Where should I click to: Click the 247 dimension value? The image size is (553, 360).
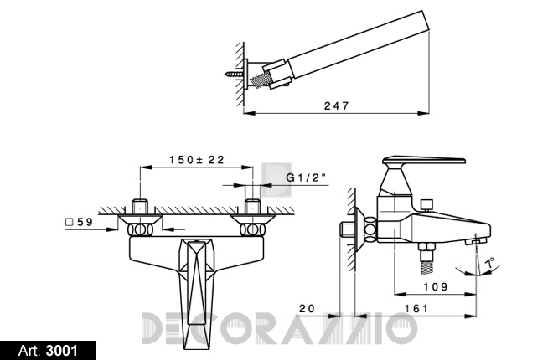pyautogui.click(x=337, y=105)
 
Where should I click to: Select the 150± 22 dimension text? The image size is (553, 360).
pyautogui.click(x=197, y=160)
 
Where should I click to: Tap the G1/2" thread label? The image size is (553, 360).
pyautogui.click(x=306, y=177)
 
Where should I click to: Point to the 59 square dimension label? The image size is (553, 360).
pyautogui.click(x=80, y=222)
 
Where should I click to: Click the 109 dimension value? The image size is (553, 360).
pyautogui.click(x=436, y=286)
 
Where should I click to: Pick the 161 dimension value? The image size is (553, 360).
pyautogui.click(x=416, y=309)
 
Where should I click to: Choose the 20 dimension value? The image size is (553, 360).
pyautogui.click(x=307, y=309)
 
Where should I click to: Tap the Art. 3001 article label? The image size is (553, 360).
pyautogui.click(x=48, y=351)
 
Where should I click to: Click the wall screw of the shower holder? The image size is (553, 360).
pyautogui.click(x=234, y=74)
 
